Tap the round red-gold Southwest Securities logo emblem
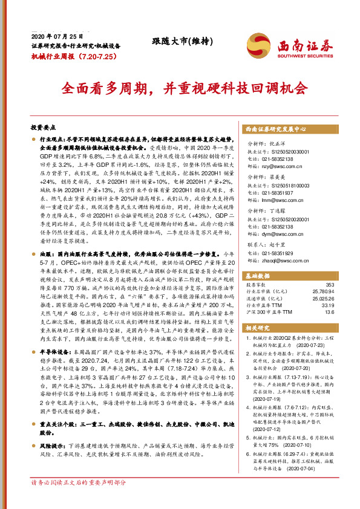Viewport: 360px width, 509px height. (257, 46)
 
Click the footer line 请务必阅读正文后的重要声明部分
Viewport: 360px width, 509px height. (79, 500)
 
